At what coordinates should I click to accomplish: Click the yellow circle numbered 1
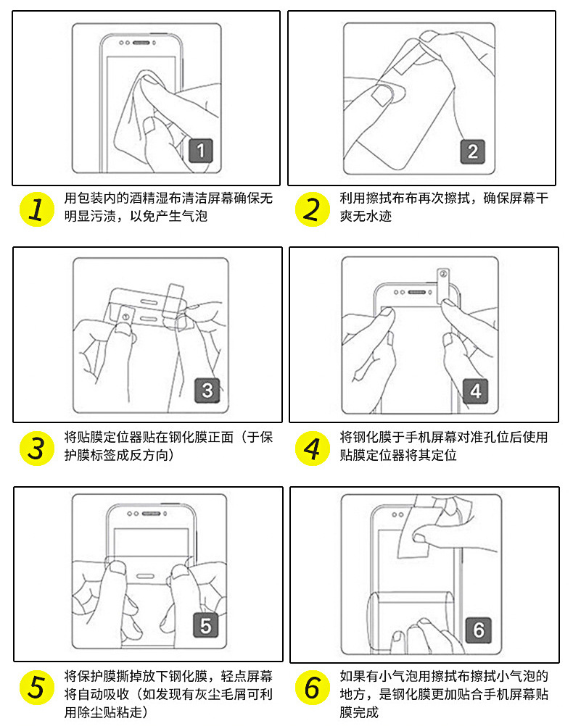coord(36,209)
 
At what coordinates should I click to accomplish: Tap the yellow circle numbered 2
coord(312,209)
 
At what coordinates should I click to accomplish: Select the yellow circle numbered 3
coord(36,448)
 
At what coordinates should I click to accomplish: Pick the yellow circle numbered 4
coord(312,448)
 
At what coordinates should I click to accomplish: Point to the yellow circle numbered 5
coord(36,688)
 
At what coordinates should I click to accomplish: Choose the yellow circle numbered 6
coord(312,688)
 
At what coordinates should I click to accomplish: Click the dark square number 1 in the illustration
coord(201,151)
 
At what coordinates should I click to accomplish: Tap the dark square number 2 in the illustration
coord(472,151)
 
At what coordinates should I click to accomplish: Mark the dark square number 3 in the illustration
coord(207,391)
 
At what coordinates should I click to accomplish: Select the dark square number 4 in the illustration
coord(476,391)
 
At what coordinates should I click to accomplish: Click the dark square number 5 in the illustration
coord(205,625)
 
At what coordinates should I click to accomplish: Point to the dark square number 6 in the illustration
coord(479,630)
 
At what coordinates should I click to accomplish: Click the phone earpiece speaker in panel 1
coord(141,43)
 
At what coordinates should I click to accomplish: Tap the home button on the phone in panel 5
coord(145,577)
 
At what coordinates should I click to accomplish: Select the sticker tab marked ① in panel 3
coord(125,316)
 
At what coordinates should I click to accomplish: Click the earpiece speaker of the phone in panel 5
coord(151,514)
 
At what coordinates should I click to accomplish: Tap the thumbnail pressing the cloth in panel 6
coord(419,538)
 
